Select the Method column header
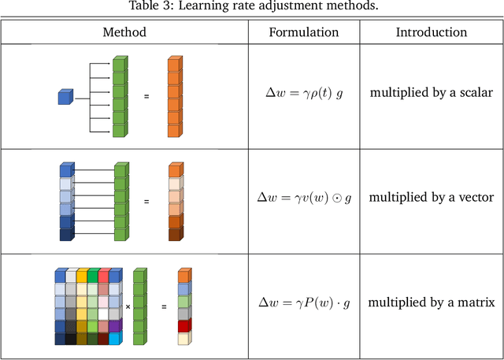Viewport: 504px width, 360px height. pyautogui.click(x=124, y=32)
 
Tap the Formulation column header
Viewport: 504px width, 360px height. pyautogui.click(x=304, y=32)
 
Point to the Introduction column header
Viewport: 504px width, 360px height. pyautogui.click(x=431, y=32)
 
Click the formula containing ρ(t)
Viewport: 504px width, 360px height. pyautogui.click(x=304, y=93)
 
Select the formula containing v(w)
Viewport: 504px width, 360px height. pyautogui.click(x=304, y=197)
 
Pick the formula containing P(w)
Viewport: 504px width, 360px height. pyautogui.click(x=304, y=302)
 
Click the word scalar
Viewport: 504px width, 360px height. pyautogui.click(x=475, y=93)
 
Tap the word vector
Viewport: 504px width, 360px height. pyautogui.click(x=475, y=197)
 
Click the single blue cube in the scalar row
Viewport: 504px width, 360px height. pyautogui.click(x=65, y=96)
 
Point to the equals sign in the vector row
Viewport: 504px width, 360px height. pyautogui.click(x=146, y=202)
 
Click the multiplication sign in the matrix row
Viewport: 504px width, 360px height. pyautogui.click(x=128, y=306)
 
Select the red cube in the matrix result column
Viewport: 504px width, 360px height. pyautogui.click(x=183, y=325)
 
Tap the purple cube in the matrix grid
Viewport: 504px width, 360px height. pyautogui.click(x=115, y=325)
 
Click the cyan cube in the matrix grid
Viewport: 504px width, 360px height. pyautogui.click(x=115, y=338)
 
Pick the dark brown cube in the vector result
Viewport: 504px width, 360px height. pyautogui.click(x=175, y=234)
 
